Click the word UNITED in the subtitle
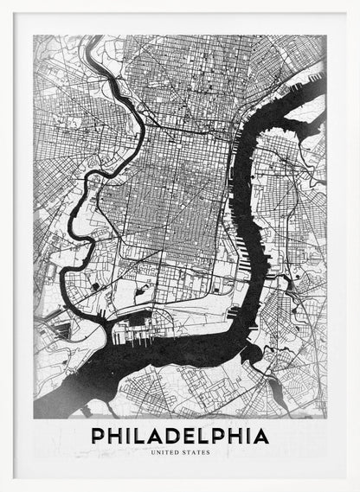pos(165,452)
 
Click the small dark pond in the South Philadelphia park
pos(93,284)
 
